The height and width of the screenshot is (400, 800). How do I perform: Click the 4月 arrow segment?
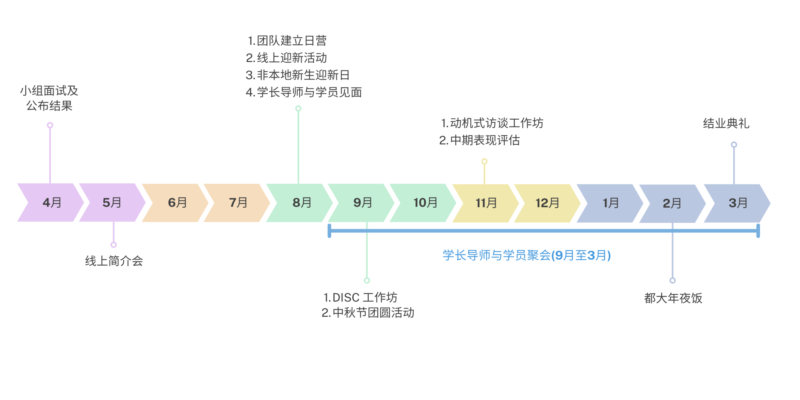(52, 202)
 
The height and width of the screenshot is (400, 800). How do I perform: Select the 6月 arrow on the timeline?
(177, 202)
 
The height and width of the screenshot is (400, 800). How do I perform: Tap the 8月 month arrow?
(302, 202)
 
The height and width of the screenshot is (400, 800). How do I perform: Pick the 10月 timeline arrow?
(425, 203)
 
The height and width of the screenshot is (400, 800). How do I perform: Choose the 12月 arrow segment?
(547, 203)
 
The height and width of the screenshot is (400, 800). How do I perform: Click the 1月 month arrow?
(610, 203)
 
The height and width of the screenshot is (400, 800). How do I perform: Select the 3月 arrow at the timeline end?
(738, 203)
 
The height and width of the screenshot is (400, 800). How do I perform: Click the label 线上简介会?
(114, 261)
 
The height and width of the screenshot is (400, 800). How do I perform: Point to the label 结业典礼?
(726, 123)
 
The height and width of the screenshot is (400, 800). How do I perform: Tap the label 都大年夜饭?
(673, 298)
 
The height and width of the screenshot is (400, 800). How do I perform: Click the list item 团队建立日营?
(291, 41)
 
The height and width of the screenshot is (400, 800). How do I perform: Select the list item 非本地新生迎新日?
(303, 75)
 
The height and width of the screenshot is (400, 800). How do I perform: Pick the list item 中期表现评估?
(484, 140)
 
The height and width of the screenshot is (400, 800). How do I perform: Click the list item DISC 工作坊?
(364, 298)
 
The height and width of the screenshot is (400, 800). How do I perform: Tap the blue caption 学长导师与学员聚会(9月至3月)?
(526, 255)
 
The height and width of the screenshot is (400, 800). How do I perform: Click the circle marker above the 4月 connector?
(50, 125)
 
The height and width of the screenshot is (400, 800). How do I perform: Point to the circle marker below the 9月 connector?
(367, 280)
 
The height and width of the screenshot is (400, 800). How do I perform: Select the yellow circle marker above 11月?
(484, 162)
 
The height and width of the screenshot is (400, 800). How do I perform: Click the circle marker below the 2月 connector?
(672, 280)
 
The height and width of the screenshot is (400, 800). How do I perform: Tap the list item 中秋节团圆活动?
(373, 313)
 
